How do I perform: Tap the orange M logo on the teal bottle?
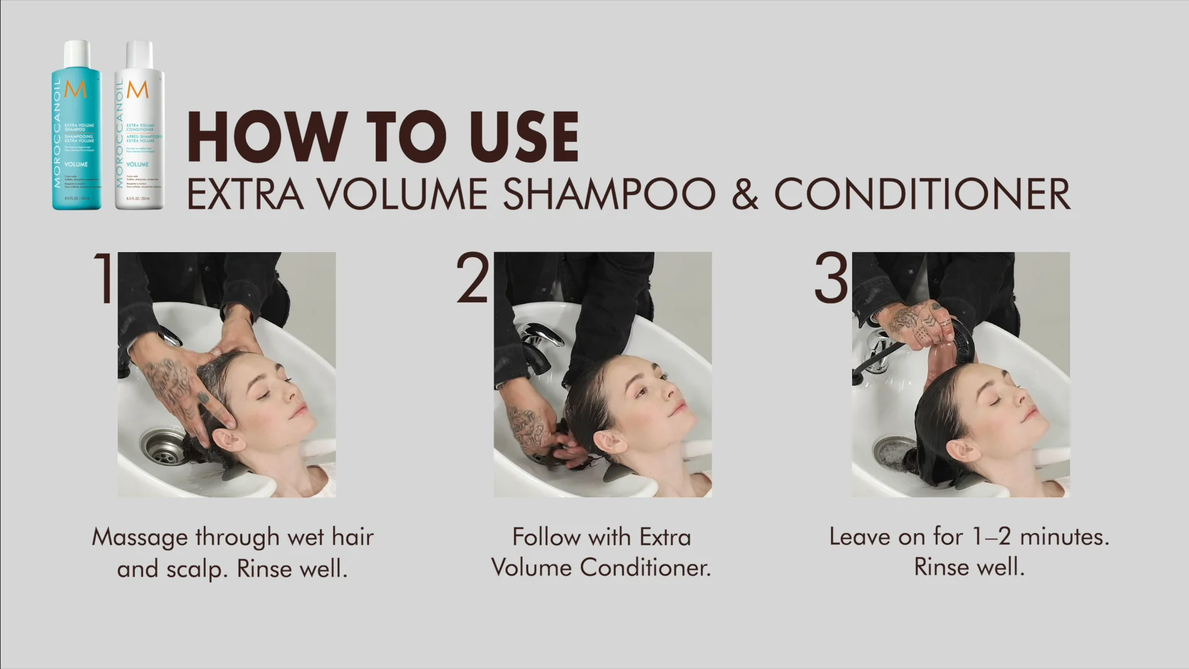(x=76, y=89)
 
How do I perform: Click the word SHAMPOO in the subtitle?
(x=609, y=195)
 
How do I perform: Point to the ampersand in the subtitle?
(x=744, y=195)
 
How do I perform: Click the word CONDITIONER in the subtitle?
(x=922, y=195)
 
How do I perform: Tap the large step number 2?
(x=473, y=278)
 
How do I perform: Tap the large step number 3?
(x=831, y=278)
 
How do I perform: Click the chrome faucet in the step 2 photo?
(x=539, y=344)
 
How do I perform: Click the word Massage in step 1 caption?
(x=139, y=536)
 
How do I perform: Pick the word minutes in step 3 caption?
(x=1064, y=536)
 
